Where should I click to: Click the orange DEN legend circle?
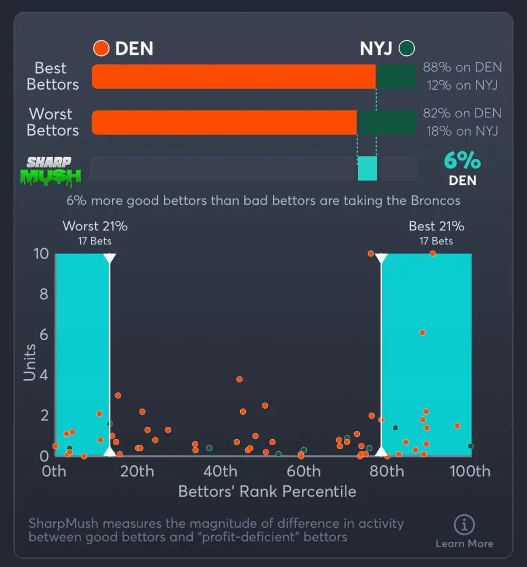coord(101,48)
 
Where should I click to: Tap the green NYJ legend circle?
coord(407,48)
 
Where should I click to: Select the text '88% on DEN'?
coord(462,68)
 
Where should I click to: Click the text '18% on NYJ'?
coord(462,131)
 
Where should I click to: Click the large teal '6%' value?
coord(462,161)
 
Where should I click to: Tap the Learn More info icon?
coord(464,524)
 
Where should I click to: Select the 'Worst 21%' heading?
coord(95,226)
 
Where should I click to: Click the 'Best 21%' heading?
coord(436,226)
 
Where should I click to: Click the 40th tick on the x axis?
coord(220,471)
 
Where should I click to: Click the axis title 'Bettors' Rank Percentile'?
coord(267,492)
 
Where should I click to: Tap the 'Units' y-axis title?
coord(30,362)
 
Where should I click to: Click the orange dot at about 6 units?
coord(422,333)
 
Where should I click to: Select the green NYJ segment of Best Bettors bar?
coord(395,76)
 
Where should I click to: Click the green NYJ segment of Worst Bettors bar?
coord(386,122)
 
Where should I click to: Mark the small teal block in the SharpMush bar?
coord(368,168)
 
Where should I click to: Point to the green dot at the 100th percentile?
coord(470,446)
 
